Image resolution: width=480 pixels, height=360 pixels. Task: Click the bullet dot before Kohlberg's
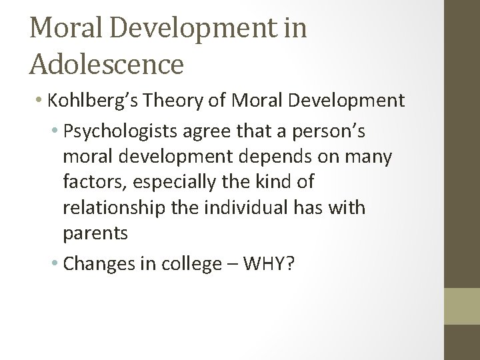click(x=39, y=101)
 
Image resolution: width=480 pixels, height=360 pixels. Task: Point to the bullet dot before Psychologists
click(x=56, y=133)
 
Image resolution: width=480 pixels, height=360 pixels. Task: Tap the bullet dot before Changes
click(x=56, y=265)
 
